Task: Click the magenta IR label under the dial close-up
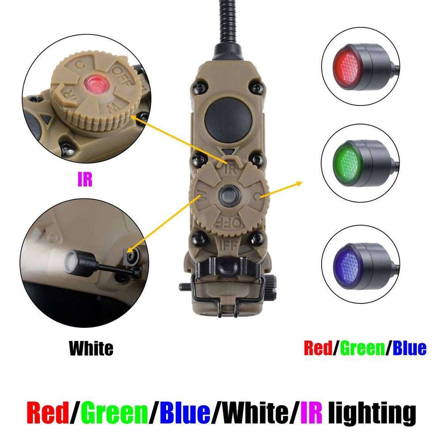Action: point(85,181)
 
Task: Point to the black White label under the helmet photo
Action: point(91,348)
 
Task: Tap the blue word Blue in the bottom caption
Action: point(185,413)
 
